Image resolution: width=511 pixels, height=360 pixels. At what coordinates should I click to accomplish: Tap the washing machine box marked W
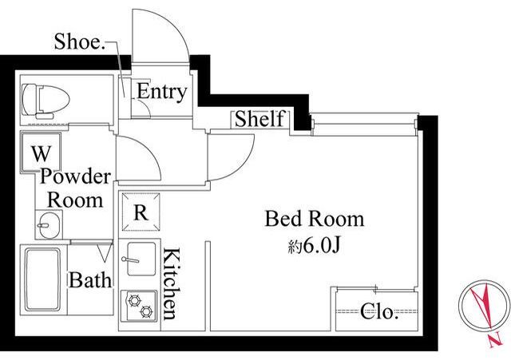41,152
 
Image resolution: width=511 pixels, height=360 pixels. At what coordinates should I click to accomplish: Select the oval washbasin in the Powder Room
50,225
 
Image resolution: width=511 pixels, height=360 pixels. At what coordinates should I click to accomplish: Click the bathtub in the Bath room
43,280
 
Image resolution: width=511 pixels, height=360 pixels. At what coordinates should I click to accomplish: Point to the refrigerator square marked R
141,212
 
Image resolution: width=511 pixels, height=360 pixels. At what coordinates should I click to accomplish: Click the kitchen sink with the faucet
141,259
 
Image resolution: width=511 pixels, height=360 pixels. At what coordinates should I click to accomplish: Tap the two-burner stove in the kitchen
139,306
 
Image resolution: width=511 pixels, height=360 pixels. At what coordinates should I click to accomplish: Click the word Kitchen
171,283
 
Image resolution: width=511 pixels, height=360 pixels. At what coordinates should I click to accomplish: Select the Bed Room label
314,219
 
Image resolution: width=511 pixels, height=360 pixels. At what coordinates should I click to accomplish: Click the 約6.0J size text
314,247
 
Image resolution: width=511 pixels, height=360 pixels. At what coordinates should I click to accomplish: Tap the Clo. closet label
379,312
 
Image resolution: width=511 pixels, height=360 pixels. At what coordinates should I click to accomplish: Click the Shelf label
259,119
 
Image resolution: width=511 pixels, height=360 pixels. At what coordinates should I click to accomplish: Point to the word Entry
161,92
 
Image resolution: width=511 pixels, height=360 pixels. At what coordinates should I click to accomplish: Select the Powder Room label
75,188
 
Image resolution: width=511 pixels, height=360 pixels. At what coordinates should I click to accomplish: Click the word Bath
90,279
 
